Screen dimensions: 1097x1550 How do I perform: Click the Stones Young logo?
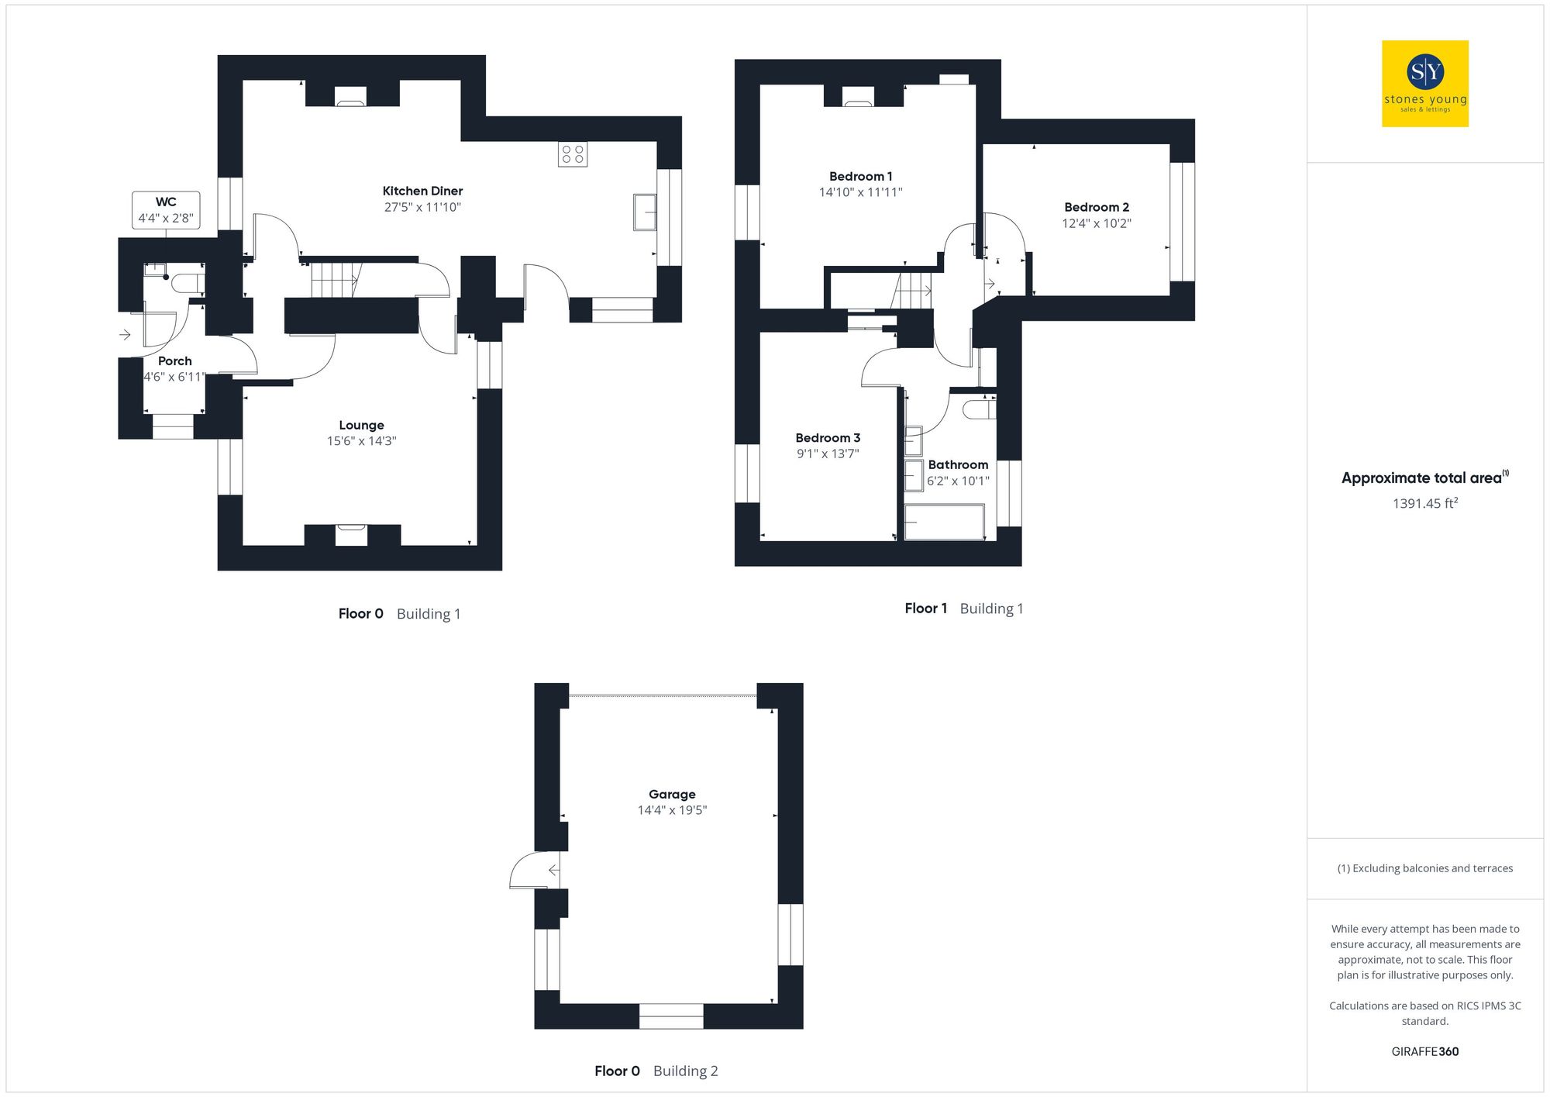pyautogui.click(x=1424, y=84)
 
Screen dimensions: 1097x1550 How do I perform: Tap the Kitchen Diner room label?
pyautogui.click(x=422, y=191)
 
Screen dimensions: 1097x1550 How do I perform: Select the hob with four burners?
pyautogui.click(x=573, y=154)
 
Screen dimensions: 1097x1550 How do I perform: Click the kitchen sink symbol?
pyautogui.click(x=645, y=212)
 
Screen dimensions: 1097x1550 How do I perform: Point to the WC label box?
pyautogui.click(x=166, y=210)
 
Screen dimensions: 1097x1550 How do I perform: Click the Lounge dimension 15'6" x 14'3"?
pyautogui.click(x=361, y=441)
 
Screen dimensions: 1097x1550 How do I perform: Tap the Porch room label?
pyautogui.click(x=174, y=360)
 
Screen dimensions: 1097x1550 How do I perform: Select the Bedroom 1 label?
pyautogui.click(x=860, y=176)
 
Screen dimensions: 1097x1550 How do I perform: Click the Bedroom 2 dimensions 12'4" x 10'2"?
pyautogui.click(x=1096, y=223)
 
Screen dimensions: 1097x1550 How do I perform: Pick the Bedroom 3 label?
pyautogui.click(x=828, y=437)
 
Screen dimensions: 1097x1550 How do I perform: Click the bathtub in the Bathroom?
pyautogui.click(x=945, y=522)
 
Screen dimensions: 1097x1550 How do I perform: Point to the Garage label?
pyautogui.click(x=672, y=794)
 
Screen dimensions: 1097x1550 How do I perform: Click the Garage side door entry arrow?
pyautogui.click(x=553, y=871)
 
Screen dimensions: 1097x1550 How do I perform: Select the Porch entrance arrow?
pyautogui.click(x=126, y=335)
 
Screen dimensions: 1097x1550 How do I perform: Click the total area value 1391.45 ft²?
pyautogui.click(x=1424, y=503)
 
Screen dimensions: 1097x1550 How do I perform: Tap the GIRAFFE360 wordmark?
pyautogui.click(x=1424, y=1051)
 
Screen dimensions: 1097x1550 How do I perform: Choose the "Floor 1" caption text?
pyautogui.click(x=925, y=609)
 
